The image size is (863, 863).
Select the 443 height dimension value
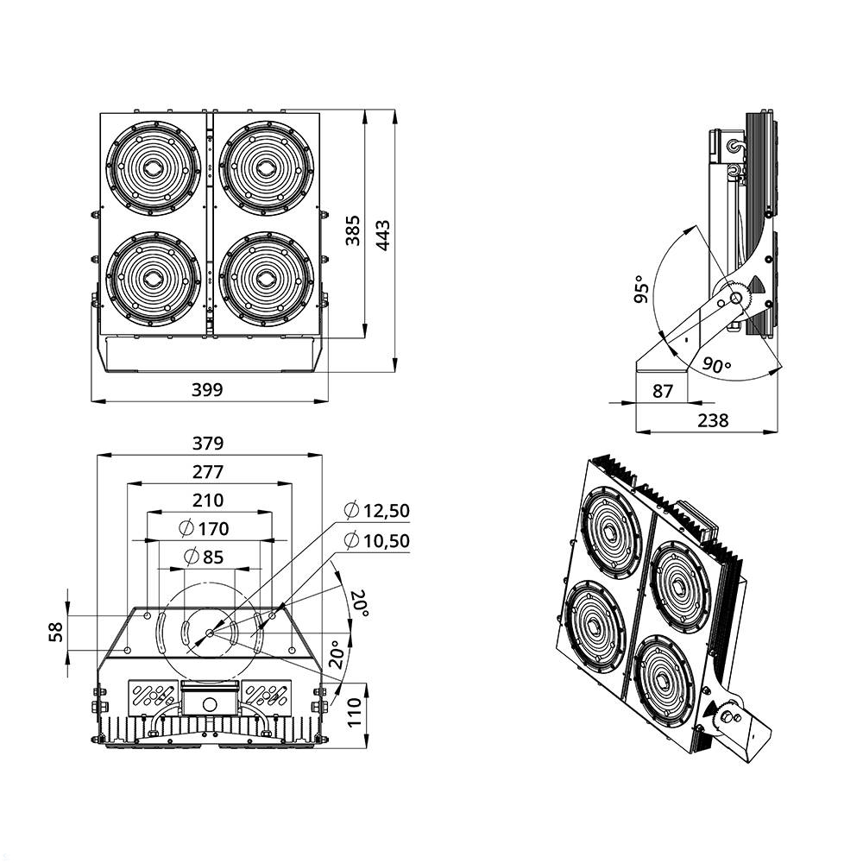click(383, 235)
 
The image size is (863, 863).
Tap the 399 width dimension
click(207, 390)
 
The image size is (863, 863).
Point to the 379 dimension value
click(208, 444)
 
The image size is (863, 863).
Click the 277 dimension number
click(208, 472)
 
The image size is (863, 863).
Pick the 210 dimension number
click(208, 500)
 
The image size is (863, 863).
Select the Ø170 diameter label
click(204, 528)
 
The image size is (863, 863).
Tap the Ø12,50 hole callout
click(376, 511)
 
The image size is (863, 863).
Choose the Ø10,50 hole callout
click(376, 541)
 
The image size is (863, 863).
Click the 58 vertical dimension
click(55, 633)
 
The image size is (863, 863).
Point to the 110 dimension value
click(355, 713)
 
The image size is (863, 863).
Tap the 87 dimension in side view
click(662, 391)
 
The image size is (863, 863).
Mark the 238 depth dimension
click(713, 420)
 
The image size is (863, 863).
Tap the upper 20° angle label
click(358, 602)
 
